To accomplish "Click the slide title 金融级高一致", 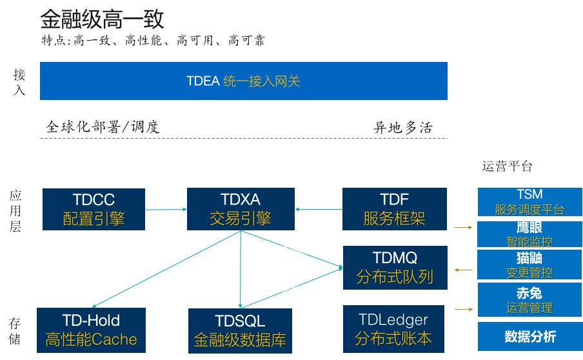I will click(102, 19).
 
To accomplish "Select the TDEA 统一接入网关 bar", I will click(244, 81).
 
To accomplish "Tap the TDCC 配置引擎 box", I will click(94, 209).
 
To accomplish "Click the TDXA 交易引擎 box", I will click(240, 209).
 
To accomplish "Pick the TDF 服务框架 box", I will click(394, 209).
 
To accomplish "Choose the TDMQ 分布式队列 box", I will click(394, 267).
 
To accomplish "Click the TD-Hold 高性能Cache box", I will click(91, 329).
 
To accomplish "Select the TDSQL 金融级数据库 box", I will click(240, 329).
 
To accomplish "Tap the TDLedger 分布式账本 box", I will click(393, 328).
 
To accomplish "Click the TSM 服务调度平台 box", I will click(529, 202).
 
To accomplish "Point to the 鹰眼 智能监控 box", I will click(529, 235).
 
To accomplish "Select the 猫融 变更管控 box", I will click(529, 265).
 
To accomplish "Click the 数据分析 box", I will click(529, 336).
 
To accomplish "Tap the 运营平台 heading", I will click(508, 166).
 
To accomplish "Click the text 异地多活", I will click(403, 127).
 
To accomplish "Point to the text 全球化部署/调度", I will click(103, 126).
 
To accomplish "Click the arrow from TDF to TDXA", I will click(319, 209).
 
